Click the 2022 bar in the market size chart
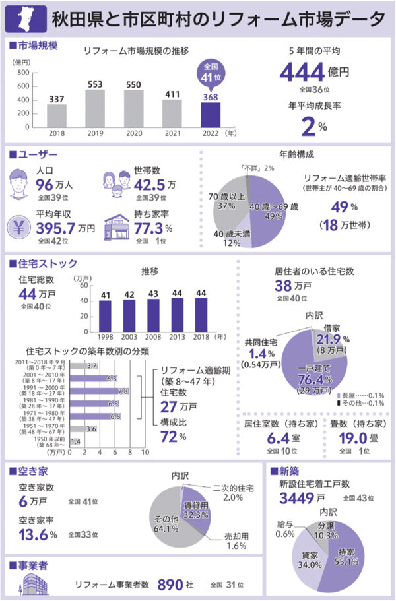211,114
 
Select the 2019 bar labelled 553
95,108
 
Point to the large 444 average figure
301,72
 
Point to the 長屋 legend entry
360,394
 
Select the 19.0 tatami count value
352,439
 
